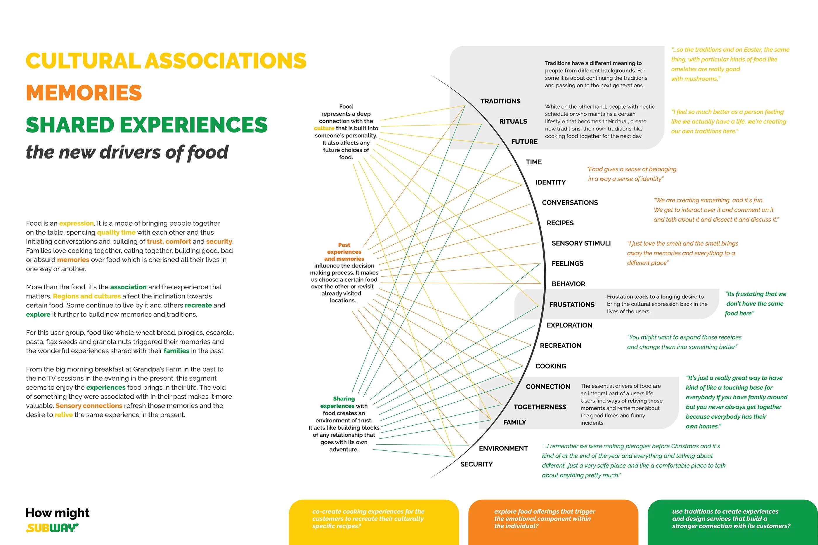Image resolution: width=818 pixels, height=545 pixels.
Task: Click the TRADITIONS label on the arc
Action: pyautogui.click(x=500, y=101)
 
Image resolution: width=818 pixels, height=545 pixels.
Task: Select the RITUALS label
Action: pyautogui.click(x=513, y=121)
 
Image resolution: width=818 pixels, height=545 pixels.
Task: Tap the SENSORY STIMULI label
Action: pyautogui.click(x=581, y=243)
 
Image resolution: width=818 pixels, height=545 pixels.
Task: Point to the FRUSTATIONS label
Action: pyautogui.click(x=572, y=305)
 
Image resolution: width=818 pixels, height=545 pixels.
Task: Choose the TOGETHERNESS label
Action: pyautogui.click(x=540, y=407)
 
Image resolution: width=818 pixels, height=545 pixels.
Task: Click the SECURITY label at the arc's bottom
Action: pyautogui.click(x=476, y=464)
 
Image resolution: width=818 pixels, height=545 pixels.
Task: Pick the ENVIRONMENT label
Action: pyautogui.click(x=503, y=448)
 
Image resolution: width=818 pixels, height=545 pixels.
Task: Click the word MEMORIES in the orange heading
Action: pyautogui.click(x=84, y=93)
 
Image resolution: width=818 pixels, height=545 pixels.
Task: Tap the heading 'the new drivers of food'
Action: pyautogui.click(x=127, y=152)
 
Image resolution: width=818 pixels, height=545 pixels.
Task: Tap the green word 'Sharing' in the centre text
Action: pyautogui.click(x=344, y=399)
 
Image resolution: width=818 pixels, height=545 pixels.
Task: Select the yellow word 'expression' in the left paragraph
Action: pyautogui.click(x=76, y=223)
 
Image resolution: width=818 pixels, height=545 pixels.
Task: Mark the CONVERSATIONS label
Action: pyautogui.click(x=570, y=203)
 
